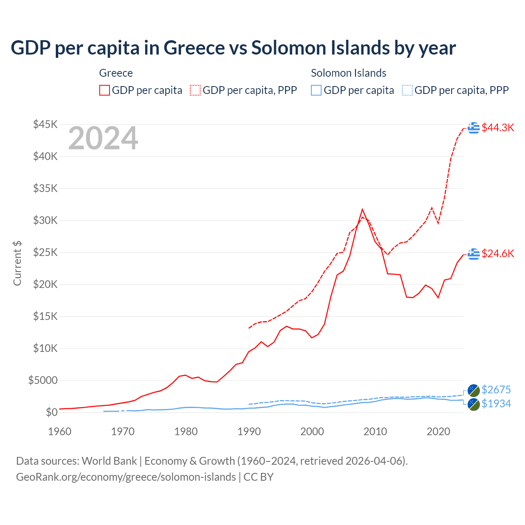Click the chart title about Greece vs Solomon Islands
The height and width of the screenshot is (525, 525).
233,48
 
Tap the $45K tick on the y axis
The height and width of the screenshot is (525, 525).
45,124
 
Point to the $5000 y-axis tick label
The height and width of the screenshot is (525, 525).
43,380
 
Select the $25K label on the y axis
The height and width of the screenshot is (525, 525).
45,252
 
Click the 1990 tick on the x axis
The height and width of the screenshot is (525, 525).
249,431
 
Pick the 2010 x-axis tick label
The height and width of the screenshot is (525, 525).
375,431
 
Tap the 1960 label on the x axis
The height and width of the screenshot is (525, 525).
60,431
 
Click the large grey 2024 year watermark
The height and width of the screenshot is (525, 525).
103,139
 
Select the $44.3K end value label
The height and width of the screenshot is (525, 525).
498,128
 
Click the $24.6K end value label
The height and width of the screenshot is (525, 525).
498,253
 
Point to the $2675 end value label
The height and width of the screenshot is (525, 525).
496,390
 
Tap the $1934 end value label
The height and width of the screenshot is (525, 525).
496,404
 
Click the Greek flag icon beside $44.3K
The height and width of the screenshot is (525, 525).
474,128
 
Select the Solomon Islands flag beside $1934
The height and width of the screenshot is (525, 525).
474,404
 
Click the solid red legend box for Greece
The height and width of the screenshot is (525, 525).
105,90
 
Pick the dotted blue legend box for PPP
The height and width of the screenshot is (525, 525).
407,90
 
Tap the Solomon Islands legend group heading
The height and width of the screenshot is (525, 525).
348,73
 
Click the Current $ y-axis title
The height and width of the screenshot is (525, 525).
17,263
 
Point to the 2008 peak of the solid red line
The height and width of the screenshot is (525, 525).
362,210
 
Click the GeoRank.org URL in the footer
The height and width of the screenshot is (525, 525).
126,477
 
